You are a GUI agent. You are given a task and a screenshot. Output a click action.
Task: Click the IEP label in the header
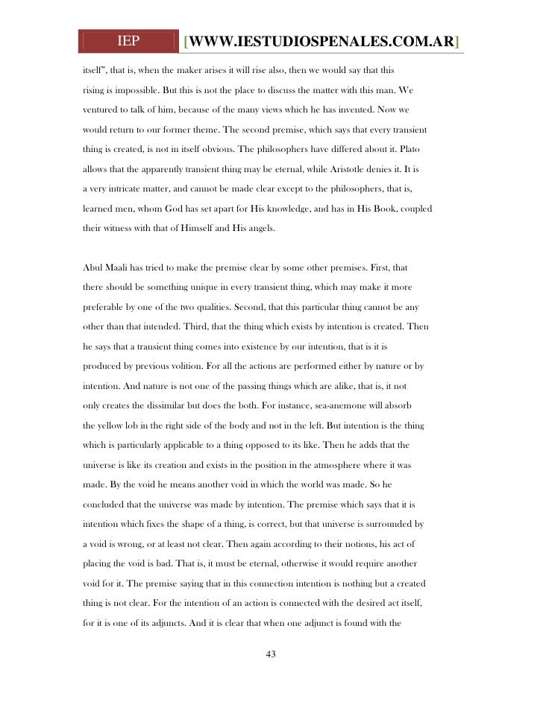point(128,41)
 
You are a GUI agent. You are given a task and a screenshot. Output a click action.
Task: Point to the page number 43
point(271,654)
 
